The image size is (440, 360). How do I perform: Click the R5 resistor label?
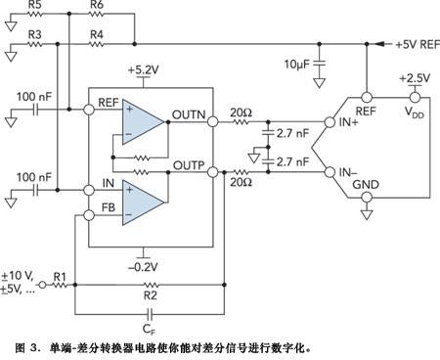point(34,4)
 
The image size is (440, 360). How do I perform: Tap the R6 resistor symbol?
point(97,14)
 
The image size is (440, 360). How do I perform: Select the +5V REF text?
point(418,44)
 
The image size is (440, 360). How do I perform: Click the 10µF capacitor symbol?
point(320,63)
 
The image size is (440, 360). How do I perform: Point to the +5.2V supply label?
point(143,69)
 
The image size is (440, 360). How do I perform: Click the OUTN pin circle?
point(212,121)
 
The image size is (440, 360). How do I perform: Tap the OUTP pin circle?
point(212,172)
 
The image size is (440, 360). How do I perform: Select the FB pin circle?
point(89,215)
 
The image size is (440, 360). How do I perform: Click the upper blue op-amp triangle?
point(143,122)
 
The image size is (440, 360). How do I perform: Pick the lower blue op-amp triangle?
point(143,202)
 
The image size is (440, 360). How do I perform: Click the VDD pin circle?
point(415,97)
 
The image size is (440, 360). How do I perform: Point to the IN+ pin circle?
point(330,122)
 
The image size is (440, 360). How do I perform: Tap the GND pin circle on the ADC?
point(367,198)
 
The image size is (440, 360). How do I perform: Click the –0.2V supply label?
point(143,267)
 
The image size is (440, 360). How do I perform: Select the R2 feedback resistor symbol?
point(151,285)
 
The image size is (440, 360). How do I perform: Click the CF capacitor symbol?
point(150,314)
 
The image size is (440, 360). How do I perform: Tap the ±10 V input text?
point(18,276)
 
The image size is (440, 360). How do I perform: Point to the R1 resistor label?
point(60,277)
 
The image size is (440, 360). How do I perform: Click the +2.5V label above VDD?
point(415,78)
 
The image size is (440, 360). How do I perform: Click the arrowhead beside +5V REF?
point(379,44)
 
